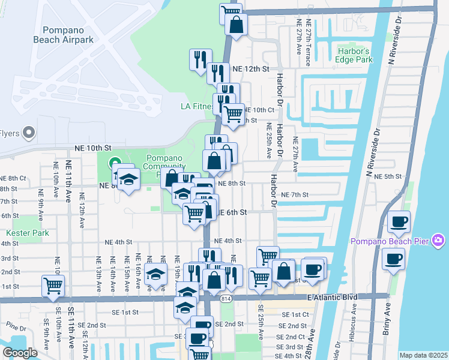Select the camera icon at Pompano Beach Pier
pyautogui.click(x=438, y=241)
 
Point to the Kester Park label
pyautogui.click(x=22, y=232)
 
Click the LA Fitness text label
pyautogui.click(x=197, y=107)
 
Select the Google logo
pyautogui.click(x=20, y=352)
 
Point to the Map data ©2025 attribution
pyautogui.click(x=423, y=355)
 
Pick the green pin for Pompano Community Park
pyautogui.click(x=114, y=163)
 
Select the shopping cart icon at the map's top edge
pyautogui.click(x=231, y=12)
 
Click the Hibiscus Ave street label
pyautogui.click(x=353, y=322)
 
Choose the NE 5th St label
pyautogui.click(x=387, y=176)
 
